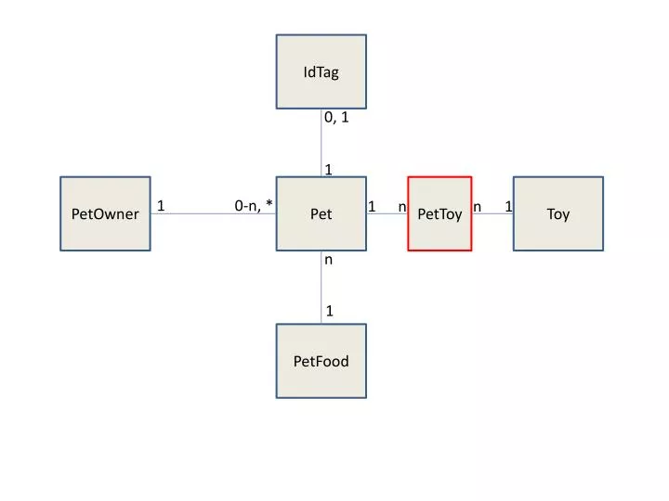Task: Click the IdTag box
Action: [x=321, y=71]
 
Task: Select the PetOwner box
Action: [x=105, y=213]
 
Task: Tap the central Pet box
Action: [x=321, y=213]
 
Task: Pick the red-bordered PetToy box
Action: [x=439, y=213]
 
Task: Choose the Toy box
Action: [x=558, y=213]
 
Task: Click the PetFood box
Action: [x=321, y=361]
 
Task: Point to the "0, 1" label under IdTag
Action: [x=336, y=118]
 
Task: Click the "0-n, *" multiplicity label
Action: [x=254, y=205]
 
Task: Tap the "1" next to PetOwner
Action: [x=161, y=206]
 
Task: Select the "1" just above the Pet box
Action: [x=329, y=170]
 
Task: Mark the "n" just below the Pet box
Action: [x=328, y=260]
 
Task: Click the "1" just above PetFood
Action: [x=329, y=311]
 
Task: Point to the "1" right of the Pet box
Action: [x=372, y=207]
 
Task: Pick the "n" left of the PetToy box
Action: [x=402, y=208]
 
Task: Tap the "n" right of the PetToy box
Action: [x=477, y=208]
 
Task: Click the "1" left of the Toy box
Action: [x=508, y=207]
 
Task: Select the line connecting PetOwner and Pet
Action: [x=214, y=213]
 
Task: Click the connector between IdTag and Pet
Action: [x=321, y=143]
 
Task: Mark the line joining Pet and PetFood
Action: [x=321, y=287]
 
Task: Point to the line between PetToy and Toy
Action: [x=492, y=213]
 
